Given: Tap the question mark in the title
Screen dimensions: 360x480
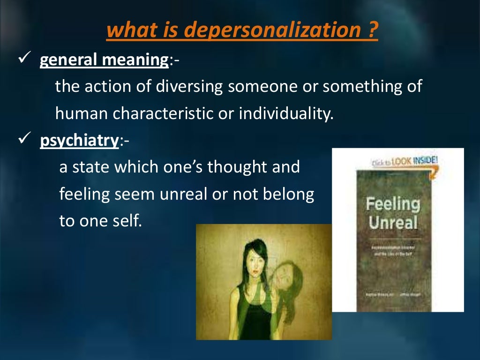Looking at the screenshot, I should point(373,31).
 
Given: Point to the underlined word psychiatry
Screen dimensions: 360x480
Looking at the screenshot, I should point(79,141).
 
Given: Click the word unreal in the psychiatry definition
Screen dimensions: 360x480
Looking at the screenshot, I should point(200,194).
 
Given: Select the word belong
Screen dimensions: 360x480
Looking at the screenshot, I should point(291,194).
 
